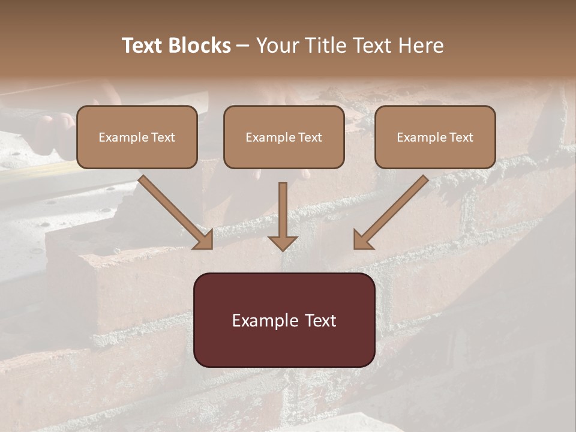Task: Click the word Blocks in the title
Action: [x=200, y=46]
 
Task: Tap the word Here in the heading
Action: [x=421, y=46]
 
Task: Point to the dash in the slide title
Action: [x=243, y=46]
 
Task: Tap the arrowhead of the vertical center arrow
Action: [x=283, y=242]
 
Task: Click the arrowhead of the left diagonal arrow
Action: [x=204, y=240]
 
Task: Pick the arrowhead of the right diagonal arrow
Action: [x=362, y=240]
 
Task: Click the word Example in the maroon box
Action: [x=264, y=321]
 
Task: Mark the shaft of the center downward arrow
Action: [x=283, y=207]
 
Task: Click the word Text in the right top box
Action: [x=461, y=137]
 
